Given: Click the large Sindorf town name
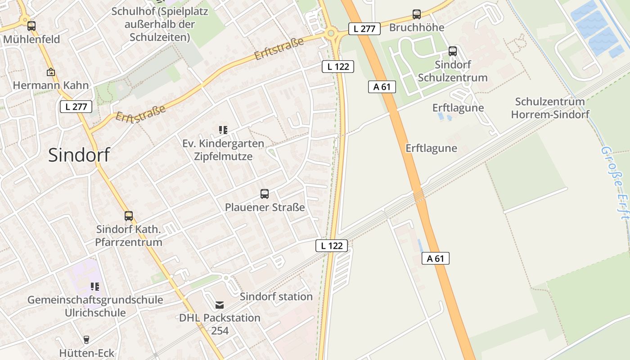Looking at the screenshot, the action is click(x=79, y=155).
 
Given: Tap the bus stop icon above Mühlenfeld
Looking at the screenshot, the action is click(x=31, y=26).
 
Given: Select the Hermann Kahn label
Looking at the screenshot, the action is click(x=51, y=85).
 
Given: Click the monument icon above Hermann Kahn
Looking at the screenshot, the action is click(x=51, y=72).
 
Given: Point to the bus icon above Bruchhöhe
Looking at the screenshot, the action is click(x=417, y=14).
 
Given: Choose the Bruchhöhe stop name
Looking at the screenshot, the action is click(x=417, y=27).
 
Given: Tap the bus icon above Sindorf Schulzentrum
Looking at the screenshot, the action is click(x=453, y=51).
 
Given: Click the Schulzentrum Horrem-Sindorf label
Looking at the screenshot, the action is click(x=550, y=108).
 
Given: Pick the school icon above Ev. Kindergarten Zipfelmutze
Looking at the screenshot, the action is click(x=223, y=130).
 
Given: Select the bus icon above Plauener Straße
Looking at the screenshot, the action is click(x=265, y=194).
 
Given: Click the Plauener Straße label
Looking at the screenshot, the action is click(x=265, y=207).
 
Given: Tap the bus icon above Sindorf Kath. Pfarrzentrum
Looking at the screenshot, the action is click(x=129, y=216).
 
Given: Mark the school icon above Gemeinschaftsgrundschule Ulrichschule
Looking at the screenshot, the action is click(x=94, y=286).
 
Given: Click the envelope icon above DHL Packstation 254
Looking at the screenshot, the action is click(x=220, y=305).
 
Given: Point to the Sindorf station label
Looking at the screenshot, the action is click(x=276, y=297).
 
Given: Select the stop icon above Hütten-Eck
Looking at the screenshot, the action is click(x=86, y=340).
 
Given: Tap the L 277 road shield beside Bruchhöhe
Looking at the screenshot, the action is click(x=364, y=29).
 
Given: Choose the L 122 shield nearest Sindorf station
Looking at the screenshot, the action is click(x=332, y=246).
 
